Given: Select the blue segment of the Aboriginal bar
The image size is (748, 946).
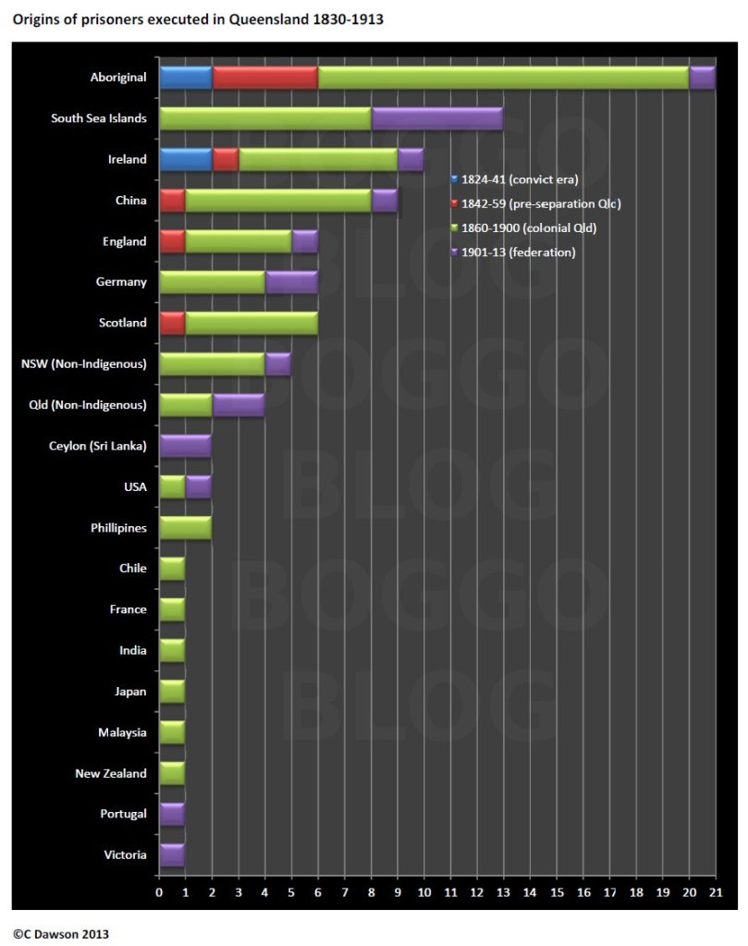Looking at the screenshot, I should click(185, 78).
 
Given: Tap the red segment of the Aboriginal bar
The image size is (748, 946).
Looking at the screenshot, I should click(265, 78).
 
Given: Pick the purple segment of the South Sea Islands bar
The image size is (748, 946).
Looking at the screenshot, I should click(436, 118).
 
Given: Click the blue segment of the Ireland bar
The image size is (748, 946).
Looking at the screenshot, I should click(185, 159).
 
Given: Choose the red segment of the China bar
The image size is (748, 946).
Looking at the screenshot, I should click(172, 201).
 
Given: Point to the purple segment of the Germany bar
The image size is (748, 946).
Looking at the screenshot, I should click(291, 282).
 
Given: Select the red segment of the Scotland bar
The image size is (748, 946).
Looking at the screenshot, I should click(172, 323).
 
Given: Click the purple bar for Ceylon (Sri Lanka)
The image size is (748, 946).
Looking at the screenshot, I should click(185, 446).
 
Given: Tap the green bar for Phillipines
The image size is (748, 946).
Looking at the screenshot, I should click(185, 527).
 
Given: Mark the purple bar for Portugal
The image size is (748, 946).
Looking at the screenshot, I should click(172, 814).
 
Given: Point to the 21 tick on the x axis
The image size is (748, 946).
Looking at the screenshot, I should click(715, 892).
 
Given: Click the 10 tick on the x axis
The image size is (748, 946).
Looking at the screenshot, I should click(423, 892).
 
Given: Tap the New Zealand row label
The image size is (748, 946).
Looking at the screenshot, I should click(110, 773).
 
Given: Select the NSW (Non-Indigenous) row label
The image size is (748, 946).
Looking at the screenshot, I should click(84, 363).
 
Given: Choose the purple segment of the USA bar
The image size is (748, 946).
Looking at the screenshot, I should click(199, 486).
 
